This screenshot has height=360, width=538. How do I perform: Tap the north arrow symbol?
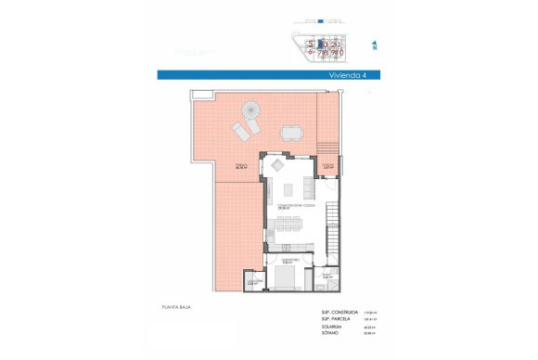point(373,44)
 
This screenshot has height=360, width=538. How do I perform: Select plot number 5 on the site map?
point(311,43)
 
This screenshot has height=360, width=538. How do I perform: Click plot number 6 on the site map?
point(311,52)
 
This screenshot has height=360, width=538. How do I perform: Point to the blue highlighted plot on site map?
point(320,43)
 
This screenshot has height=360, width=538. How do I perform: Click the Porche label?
point(327,167)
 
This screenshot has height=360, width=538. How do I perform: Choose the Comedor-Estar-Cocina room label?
point(292,206)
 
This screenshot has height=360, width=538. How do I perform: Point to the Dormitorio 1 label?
point(287,260)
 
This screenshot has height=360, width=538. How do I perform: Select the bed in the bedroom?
point(287,278)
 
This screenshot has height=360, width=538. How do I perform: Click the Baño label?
point(327,276)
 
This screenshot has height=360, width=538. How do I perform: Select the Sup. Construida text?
point(341,313)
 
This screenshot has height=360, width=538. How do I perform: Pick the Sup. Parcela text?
point(338,320)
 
